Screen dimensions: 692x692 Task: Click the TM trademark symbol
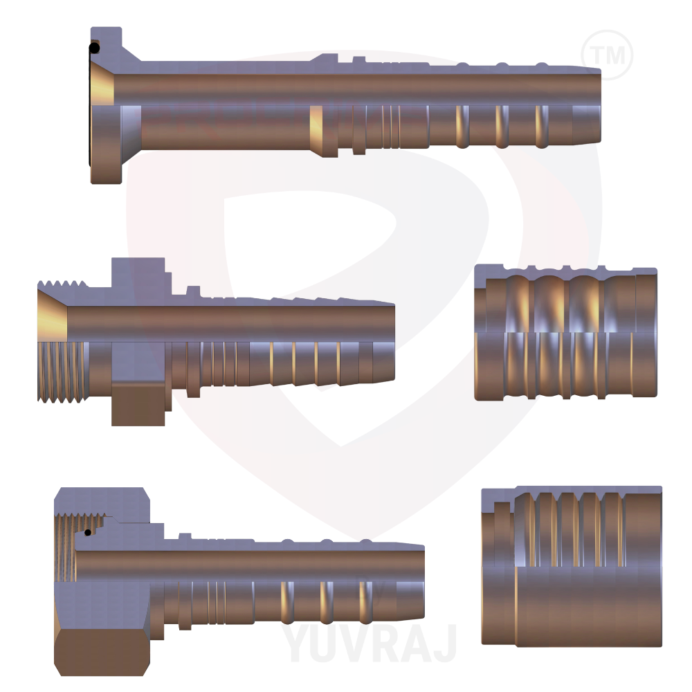tap(607, 54)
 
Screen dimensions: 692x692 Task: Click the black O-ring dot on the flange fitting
tap(94, 48)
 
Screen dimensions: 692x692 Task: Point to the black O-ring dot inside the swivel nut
tap(87, 532)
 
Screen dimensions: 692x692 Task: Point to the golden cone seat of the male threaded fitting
tap(53, 318)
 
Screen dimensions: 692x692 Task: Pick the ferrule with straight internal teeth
tap(572, 565)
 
